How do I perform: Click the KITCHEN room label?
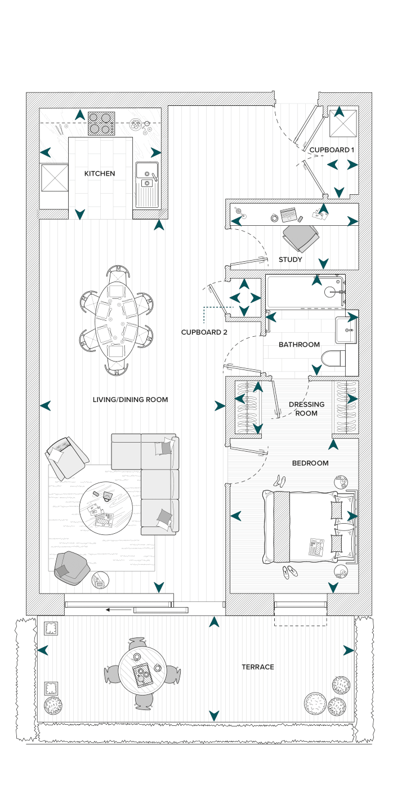click(100, 173)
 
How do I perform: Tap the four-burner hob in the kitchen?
click(101, 123)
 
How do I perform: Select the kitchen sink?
click(147, 185)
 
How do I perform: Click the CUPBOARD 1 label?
click(332, 150)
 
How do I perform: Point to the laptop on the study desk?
click(288, 215)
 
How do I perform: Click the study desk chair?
click(300, 237)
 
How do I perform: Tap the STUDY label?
click(291, 260)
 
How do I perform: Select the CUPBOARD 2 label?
click(204, 332)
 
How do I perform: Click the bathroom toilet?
click(333, 359)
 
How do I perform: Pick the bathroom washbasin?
click(346, 329)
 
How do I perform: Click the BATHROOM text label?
click(299, 345)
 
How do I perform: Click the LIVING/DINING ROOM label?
click(131, 400)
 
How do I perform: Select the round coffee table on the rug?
click(106, 508)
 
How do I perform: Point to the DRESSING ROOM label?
click(306, 409)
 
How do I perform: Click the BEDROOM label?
click(310, 463)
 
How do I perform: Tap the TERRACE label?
click(258, 667)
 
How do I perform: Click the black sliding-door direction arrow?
click(119, 609)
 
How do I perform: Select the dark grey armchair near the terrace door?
click(71, 568)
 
